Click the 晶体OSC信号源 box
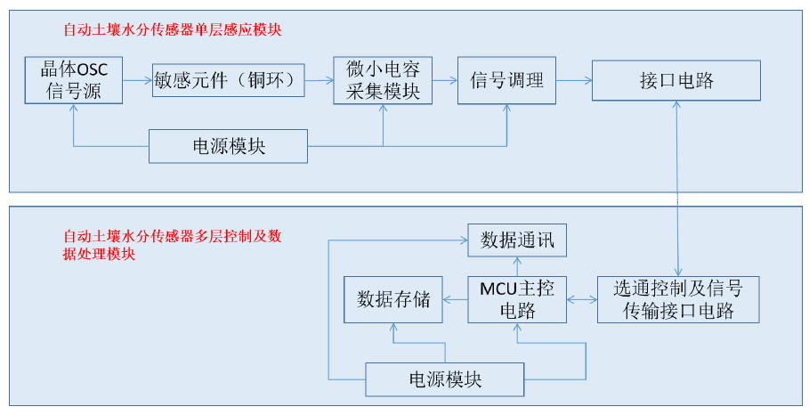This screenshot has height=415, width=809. pyautogui.click(x=74, y=80)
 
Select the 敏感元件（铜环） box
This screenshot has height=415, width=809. pyautogui.click(x=228, y=80)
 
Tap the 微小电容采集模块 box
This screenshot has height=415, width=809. pyautogui.click(x=383, y=80)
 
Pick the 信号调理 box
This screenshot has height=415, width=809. pyautogui.click(x=506, y=80)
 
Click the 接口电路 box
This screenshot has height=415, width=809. pyautogui.click(x=676, y=80)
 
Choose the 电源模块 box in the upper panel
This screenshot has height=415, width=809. pyautogui.click(x=228, y=147)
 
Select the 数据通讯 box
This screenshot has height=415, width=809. pyautogui.click(x=517, y=240)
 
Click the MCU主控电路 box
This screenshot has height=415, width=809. pyautogui.click(x=517, y=300)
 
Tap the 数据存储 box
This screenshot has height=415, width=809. pyautogui.click(x=393, y=300)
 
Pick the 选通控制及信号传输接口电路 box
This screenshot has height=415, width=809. pyautogui.click(x=678, y=300)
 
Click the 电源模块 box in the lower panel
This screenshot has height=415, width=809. pyautogui.click(x=445, y=379)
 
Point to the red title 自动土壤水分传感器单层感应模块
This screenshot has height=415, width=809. pyautogui.click(x=173, y=29)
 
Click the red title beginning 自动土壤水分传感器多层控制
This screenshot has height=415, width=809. pyautogui.click(x=173, y=245)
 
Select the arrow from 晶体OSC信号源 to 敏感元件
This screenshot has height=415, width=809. pyautogui.click(x=137, y=80)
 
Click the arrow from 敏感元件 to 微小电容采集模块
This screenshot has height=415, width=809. pyautogui.click(x=319, y=80)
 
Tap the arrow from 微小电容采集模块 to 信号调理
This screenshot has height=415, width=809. pyautogui.click(x=445, y=80)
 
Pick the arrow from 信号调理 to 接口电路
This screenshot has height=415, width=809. pyautogui.click(x=574, y=80)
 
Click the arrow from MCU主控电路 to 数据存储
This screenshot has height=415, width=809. pyautogui.click(x=455, y=300)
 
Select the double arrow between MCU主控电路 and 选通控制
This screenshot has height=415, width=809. pyautogui.click(x=581, y=300)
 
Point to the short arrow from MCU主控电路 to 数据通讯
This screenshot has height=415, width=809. pyautogui.click(x=517, y=267)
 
